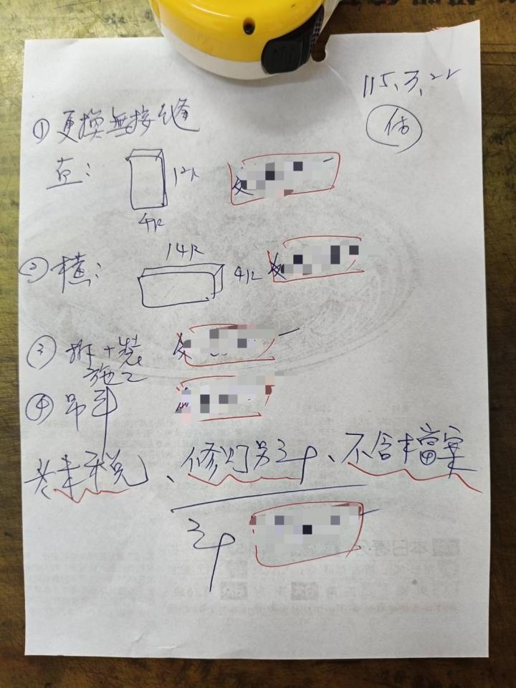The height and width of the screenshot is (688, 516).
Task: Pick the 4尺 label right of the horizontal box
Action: pos(248,274)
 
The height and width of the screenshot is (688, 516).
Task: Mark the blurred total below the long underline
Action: pos(309,530)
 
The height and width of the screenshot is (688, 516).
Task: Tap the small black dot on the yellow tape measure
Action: pos(249,29)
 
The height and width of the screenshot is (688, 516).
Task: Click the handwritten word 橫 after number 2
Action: pos(73,271)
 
